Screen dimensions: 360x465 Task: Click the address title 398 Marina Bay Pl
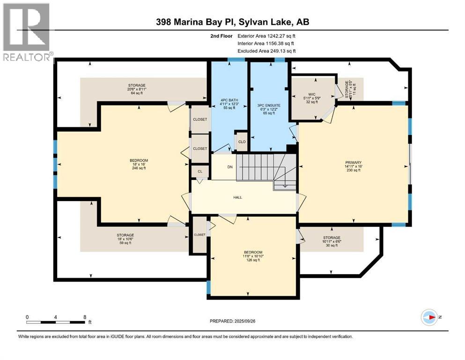(x=232, y=22)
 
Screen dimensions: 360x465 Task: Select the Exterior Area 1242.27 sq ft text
(x=266, y=36)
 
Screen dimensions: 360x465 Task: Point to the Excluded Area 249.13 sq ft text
(x=266, y=51)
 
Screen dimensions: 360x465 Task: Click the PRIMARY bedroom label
(x=354, y=166)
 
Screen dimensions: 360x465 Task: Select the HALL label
(x=238, y=197)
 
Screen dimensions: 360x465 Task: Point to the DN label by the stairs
(x=230, y=166)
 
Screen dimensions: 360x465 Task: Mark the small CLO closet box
(x=242, y=141)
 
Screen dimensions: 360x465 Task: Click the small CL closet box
(x=200, y=172)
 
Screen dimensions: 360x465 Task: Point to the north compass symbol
(x=430, y=317)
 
